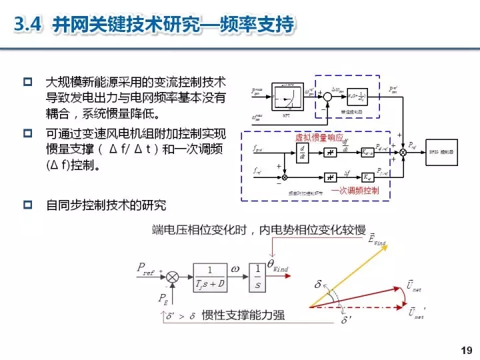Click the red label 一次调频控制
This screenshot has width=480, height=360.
pos(354,190)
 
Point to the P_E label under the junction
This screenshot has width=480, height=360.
pos(163,298)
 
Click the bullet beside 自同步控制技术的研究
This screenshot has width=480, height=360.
pos(28,205)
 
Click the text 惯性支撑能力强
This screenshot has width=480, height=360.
pos(243,314)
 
